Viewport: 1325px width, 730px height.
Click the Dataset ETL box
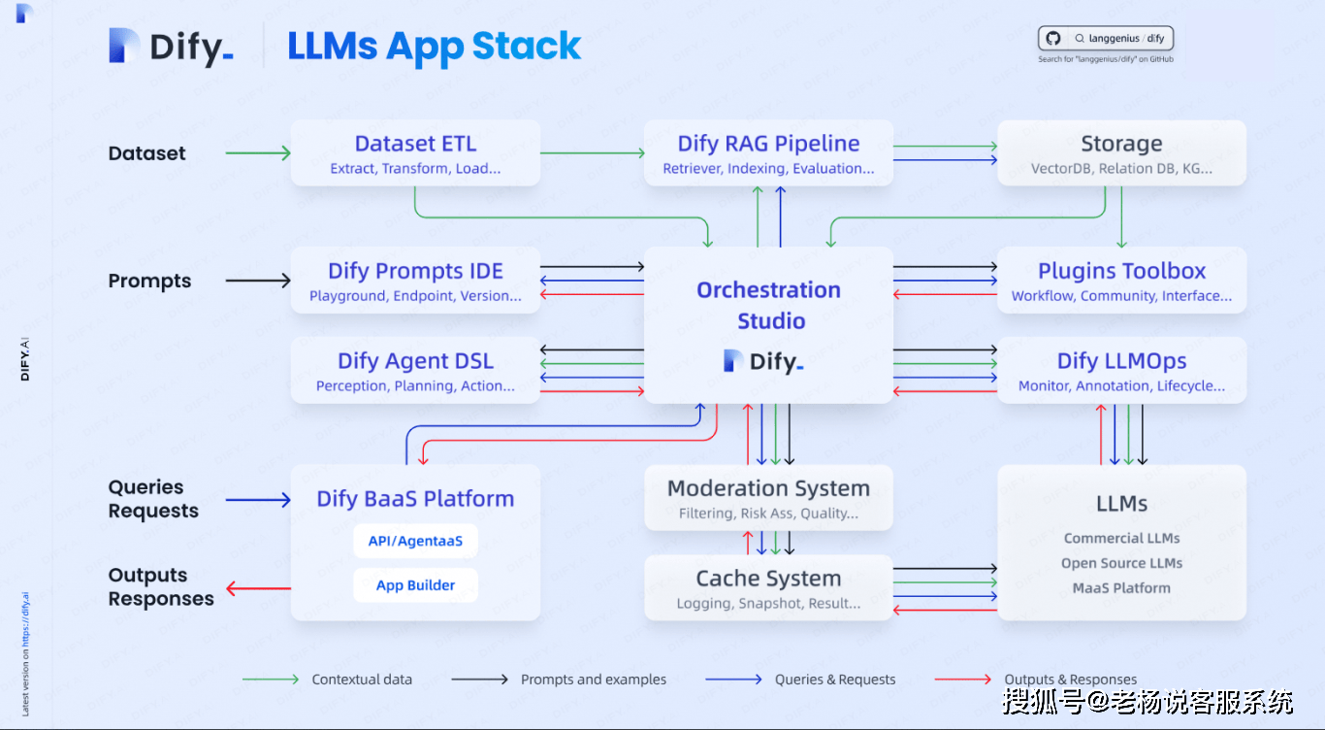point(415,153)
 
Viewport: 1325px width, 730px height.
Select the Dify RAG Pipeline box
point(768,153)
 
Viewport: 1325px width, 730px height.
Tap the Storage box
point(1121,153)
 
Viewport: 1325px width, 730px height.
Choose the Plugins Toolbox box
point(1121,281)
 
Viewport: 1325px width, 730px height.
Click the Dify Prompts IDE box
point(415,281)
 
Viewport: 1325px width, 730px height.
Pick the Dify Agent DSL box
point(415,370)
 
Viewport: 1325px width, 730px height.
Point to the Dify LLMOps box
point(1121,370)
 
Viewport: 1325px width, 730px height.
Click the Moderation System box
point(768,498)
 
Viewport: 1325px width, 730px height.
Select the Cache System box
point(768,587)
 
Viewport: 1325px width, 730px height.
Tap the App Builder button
point(415,585)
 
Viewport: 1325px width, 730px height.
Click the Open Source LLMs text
point(1121,563)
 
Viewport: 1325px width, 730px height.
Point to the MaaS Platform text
point(1121,588)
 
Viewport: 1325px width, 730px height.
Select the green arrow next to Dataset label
point(258,153)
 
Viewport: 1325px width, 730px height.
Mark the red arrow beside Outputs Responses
point(258,587)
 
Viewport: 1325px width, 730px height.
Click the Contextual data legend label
point(362,680)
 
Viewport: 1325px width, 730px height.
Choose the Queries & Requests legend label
point(835,680)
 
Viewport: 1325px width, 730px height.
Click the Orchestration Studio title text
point(768,305)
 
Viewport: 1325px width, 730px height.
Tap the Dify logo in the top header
point(171,47)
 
